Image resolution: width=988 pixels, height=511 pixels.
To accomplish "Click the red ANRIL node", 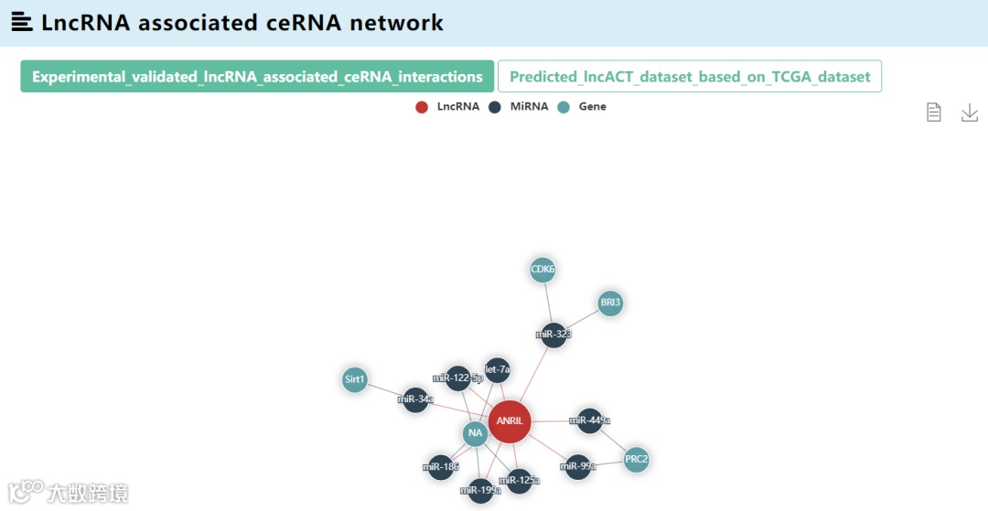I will click(x=510, y=421).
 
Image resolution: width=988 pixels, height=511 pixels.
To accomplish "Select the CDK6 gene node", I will click(x=542, y=270).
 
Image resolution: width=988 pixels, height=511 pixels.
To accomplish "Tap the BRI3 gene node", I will click(x=610, y=303).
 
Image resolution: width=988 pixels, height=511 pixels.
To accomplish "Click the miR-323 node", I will click(x=553, y=335).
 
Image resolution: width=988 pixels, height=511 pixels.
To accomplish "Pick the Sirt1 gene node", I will click(x=355, y=379).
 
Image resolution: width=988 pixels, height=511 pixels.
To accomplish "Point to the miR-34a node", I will click(x=415, y=399).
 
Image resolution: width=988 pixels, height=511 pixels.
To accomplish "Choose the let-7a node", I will click(x=498, y=370).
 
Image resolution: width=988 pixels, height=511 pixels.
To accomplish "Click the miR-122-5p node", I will click(x=458, y=378).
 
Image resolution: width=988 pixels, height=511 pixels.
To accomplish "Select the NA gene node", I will click(x=475, y=433).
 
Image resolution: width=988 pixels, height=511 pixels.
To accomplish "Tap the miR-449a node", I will click(x=590, y=421).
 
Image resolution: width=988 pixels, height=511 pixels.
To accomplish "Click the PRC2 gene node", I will click(x=637, y=459).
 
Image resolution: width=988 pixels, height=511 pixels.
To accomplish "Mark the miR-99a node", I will click(x=578, y=467).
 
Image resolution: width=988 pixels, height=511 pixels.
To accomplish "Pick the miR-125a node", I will click(x=519, y=481).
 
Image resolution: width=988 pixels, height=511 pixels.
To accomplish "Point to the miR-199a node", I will click(x=480, y=491).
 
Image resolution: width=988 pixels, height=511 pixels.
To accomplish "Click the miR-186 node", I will click(x=441, y=467).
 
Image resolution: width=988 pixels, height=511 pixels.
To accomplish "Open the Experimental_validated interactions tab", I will click(x=257, y=77).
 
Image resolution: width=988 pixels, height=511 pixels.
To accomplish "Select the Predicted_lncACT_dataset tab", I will click(x=690, y=77).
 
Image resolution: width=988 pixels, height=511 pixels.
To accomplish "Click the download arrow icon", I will click(x=970, y=112).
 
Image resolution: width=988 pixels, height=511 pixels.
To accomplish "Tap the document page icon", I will click(x=933, y=112).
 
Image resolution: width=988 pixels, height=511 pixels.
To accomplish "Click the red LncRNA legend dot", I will click(x=422, y=107).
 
